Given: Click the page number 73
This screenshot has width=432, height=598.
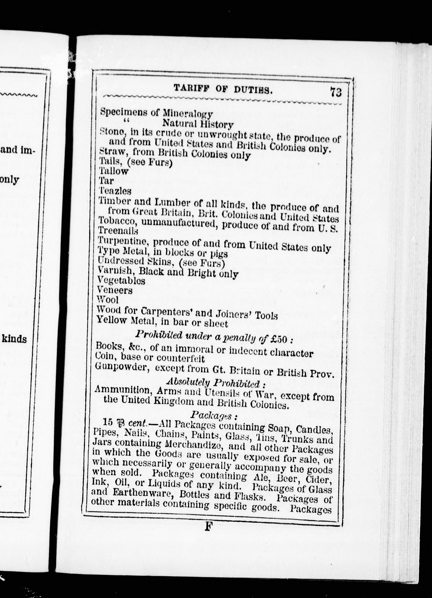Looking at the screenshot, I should [336, 92].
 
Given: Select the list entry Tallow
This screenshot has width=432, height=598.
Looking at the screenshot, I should [114, 171].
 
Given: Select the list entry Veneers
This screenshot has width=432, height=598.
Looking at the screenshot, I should [115, 290].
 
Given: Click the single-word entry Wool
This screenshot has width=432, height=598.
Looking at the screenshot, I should [108, 300].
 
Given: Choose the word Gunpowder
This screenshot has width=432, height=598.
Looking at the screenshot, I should [122, 368].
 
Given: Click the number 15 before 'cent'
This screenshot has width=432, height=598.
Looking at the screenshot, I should [108, 422].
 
